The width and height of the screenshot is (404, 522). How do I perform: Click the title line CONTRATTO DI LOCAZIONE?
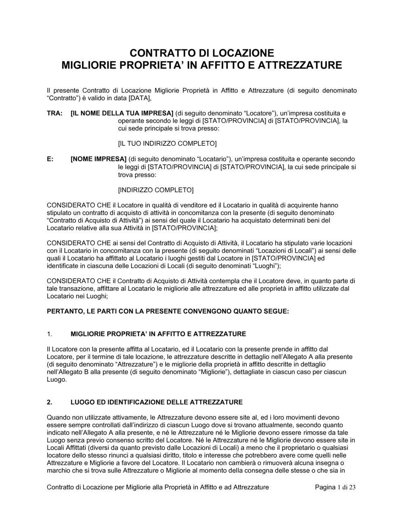(x=201, y=53)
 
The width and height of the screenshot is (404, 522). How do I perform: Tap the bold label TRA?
(x=55, y=113)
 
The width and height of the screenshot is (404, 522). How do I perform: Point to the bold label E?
(x=50, y=159)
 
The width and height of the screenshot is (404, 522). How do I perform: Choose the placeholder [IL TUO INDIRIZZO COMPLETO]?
(x=167, y=144)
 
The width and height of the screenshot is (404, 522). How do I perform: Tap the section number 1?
(x=50, y=334)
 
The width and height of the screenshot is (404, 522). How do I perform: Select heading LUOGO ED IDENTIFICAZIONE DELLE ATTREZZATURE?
(x=156, y=402)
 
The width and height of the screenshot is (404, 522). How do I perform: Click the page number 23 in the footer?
(x=352, y=488)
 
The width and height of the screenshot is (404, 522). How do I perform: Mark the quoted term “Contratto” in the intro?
(x=63, y=98)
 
